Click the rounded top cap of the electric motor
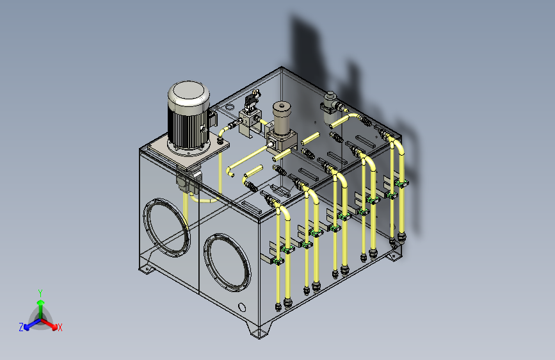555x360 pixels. (x=189, y=94)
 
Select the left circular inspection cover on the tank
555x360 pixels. (x=166, y=227)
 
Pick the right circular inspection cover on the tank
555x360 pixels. (x=227, y=263)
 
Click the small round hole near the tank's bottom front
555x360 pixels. (x=242, y=307)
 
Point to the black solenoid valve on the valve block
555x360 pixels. (x=252, y=99)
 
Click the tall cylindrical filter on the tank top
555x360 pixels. (x=282, y=119)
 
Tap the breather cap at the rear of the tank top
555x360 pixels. (x=330, y=106)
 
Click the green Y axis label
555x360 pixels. (x=40, y=293)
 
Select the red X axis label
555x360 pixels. (x=60, y=327)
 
